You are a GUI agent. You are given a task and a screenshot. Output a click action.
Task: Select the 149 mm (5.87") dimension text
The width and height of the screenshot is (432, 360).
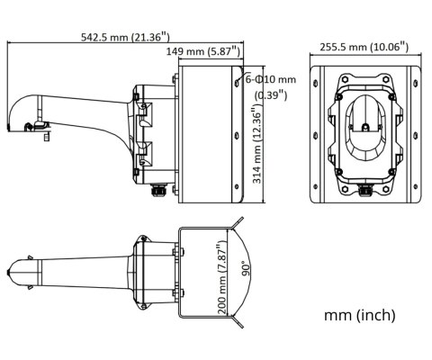(x=202, y=52)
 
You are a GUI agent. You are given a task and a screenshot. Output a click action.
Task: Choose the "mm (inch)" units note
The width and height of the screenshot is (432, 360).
(x=359, y=315)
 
